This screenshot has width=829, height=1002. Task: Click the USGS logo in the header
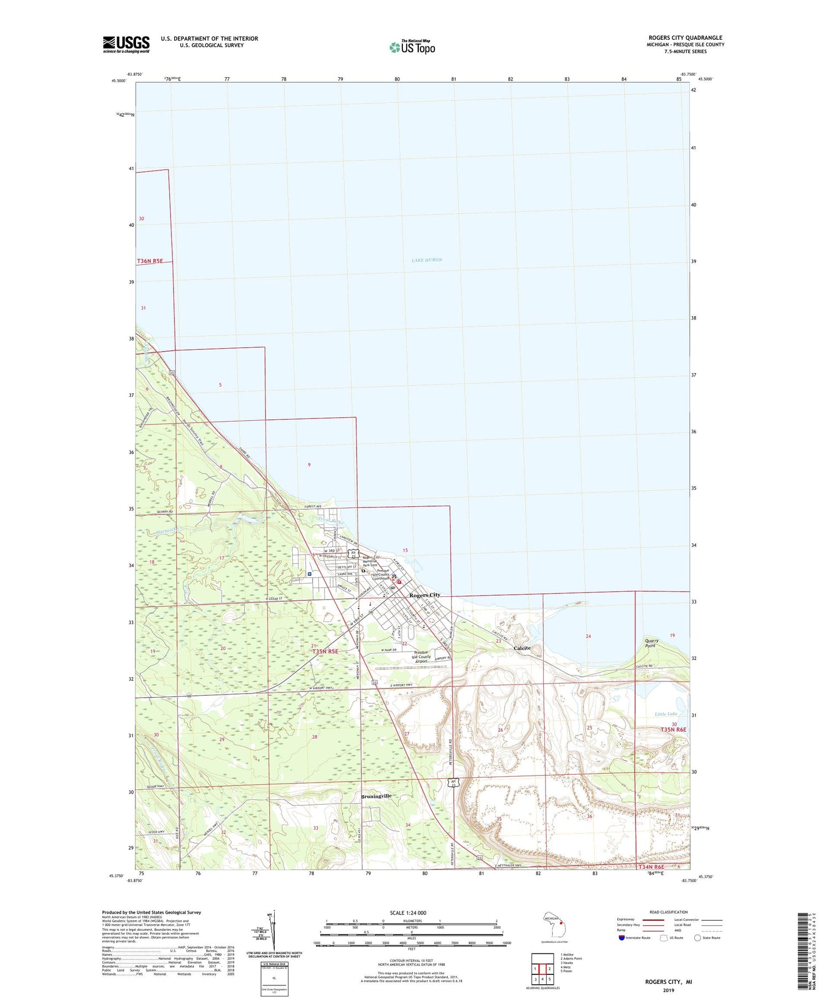[126, 44]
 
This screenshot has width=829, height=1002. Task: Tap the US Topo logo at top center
[412, 48]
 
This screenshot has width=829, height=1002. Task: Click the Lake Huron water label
[427, 260]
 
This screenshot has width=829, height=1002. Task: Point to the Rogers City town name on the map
[424, 595]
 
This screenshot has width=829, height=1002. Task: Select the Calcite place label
[522, 648]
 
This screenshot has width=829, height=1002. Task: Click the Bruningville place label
[376, 796]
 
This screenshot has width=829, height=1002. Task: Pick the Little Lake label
[665, 714]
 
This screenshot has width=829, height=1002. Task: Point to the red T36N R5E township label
[150, 261]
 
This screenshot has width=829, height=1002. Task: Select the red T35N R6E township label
[673, 730]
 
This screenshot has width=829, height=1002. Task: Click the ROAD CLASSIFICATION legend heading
[669, 912]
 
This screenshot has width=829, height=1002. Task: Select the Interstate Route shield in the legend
[621, 937]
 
